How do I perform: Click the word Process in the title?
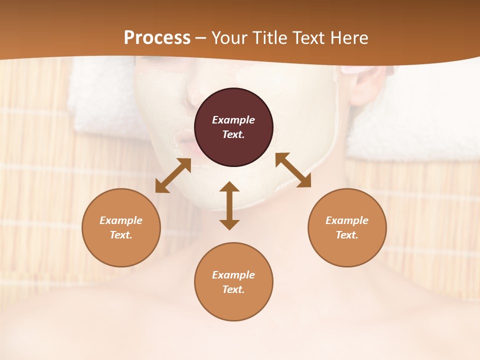(x=157, y=38)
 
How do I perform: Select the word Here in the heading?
(x=349, y=38)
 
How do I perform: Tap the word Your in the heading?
(x=229, y=38)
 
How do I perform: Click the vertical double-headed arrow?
(x=229, y=205)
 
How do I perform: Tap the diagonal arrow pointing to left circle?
(x=173, y=175)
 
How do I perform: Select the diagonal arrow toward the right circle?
(x=293, y=170)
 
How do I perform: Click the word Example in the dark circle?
(x=233, y=120)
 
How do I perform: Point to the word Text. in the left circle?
(x=121, y=235)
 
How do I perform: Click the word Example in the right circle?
(x=347, y=220)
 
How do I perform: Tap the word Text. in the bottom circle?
(x=233, y=289)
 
